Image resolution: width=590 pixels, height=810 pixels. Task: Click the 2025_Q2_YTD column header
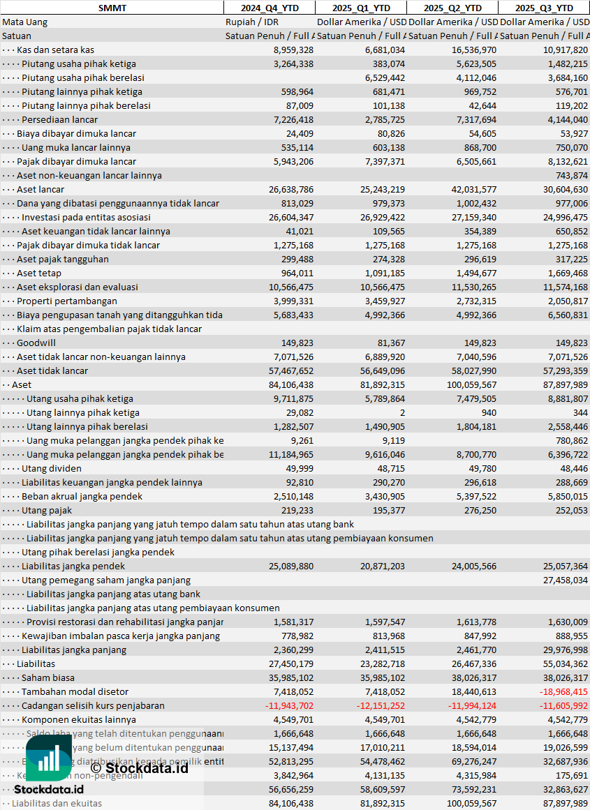tap(453, 8)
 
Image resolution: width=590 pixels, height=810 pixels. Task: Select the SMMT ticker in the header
tap(112, 8)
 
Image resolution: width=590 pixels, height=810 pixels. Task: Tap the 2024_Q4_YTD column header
tap(269, 8)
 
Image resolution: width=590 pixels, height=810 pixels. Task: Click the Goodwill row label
tap(36, 343)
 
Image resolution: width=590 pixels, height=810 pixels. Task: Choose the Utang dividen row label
tap(51, 468)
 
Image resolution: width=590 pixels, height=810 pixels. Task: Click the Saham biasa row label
tap(47, 677)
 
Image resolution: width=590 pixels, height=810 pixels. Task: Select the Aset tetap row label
tap(39, 273)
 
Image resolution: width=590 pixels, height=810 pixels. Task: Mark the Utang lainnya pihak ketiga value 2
tap(402, 412)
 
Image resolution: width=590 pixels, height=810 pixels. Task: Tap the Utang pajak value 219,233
tap(296, 510)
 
